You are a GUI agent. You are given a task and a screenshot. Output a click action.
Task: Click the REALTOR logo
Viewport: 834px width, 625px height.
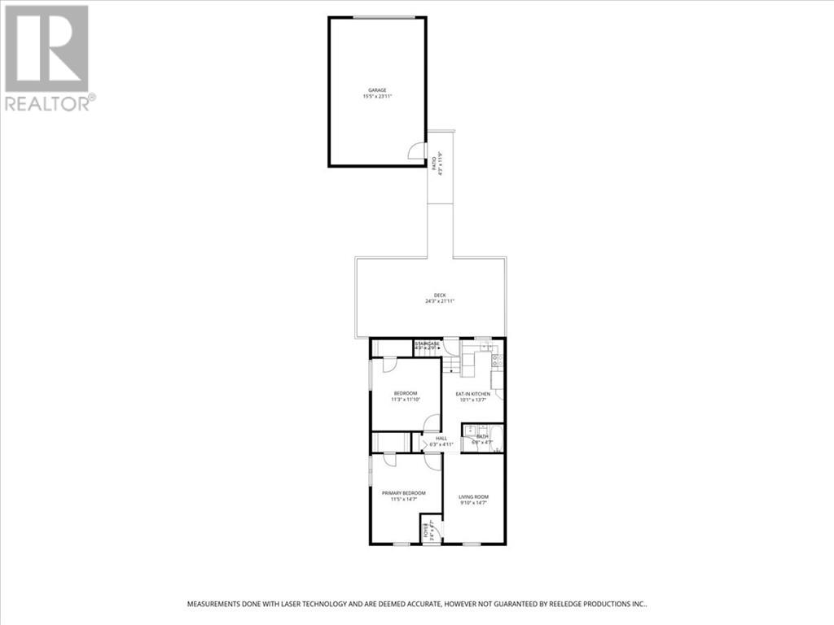click(x=49, y=57)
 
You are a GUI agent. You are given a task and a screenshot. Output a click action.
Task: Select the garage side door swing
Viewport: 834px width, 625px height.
click(x=417, y=151)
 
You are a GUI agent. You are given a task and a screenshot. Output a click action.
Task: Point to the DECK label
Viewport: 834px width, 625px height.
click(x=440, y=295)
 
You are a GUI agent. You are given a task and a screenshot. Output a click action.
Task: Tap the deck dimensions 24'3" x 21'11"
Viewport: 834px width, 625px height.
click(x=440, y=302)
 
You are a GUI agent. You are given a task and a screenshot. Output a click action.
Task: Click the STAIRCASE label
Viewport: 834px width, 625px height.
click(x=427, y=344)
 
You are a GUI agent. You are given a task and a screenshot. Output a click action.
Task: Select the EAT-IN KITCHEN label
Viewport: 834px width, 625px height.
click(x=472, y=394)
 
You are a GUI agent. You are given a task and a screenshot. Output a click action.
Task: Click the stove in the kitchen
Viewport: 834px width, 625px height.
click(x=495, y=358)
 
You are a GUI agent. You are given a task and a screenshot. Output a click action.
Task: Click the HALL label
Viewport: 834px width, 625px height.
click(x=441, y=439)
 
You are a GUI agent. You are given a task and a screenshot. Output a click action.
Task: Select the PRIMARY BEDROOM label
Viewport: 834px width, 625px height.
click(x=403, y=493)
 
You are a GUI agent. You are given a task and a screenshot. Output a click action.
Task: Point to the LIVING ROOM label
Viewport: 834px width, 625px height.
click(x=473, y=496)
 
